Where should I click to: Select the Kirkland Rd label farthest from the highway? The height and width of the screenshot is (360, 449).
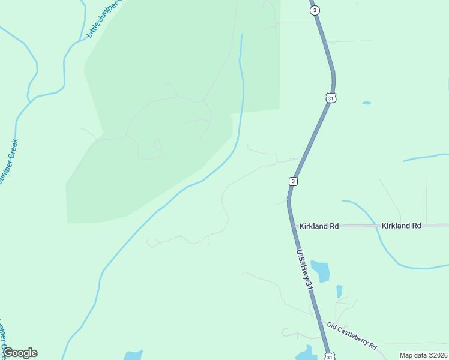click(401, 226)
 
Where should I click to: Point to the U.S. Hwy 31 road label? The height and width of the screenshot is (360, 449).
click(304, 271)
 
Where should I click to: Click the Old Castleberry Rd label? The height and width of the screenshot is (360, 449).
click(352, 336)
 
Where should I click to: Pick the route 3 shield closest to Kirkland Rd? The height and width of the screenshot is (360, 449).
click(293, 181)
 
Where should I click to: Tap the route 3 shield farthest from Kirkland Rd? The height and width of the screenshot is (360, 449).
click(315, 10)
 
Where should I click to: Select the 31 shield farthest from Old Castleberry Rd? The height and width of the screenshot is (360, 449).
click(331, 97)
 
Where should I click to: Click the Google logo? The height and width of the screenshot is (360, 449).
click(20, 353)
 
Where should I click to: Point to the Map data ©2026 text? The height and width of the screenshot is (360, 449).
click(423, 355)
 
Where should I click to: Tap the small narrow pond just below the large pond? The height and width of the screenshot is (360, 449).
click(339, 292)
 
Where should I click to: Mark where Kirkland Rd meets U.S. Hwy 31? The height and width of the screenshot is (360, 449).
click(292, 226)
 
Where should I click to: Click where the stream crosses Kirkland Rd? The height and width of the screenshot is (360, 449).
click(375, 226)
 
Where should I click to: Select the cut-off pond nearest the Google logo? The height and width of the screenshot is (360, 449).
click(133, 355)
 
